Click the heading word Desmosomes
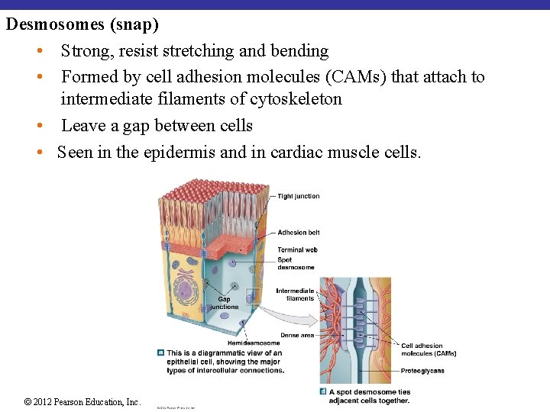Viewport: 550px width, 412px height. click(56, 24)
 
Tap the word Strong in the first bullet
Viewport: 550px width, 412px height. click(86, 51)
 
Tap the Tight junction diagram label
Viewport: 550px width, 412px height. click(298, 196)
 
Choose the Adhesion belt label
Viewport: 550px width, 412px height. click(298, 233)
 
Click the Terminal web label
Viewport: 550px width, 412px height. click(297, 250)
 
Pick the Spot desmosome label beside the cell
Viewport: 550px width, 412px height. click(295, 264)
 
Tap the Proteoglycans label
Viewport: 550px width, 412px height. click(422, 372)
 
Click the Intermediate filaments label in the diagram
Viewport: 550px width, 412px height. click(294, 295)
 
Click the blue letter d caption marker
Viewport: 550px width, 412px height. click(323, 392)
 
